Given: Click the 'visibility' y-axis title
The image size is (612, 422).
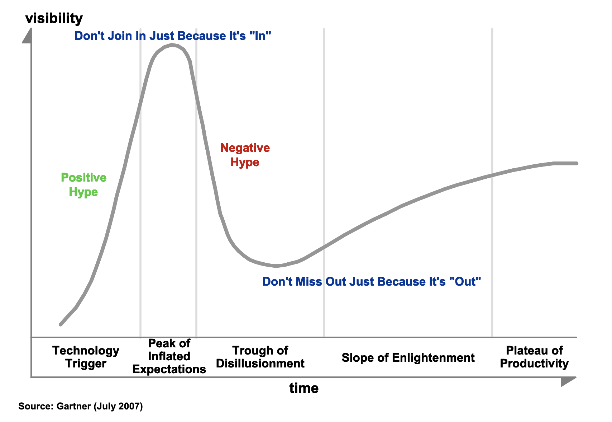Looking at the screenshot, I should pos(54,18).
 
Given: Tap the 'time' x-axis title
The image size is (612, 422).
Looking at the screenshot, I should pos(304,388).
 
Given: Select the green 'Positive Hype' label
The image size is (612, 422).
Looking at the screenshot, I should pos(83,185).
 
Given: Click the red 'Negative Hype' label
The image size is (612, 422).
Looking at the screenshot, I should pos(245,155).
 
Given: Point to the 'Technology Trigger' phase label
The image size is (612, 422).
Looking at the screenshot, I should pos(86,357).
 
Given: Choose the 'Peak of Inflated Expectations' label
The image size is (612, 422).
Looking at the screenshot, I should pos(169,356).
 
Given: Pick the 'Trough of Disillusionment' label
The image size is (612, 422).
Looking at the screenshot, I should pos(260,357).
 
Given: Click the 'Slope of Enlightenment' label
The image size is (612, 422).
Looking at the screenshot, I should pos(408,357).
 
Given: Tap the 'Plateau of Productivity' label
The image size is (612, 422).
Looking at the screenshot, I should pos(534,357).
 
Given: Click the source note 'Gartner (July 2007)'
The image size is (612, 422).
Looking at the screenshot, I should pos(81,406).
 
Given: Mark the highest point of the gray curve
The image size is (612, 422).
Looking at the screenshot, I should pos(172,45).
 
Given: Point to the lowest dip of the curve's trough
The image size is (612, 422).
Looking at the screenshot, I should pos(276,266).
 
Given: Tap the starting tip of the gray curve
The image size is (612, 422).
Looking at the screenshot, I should pos(61,324).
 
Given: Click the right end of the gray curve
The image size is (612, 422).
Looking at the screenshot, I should pos(577,163).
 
